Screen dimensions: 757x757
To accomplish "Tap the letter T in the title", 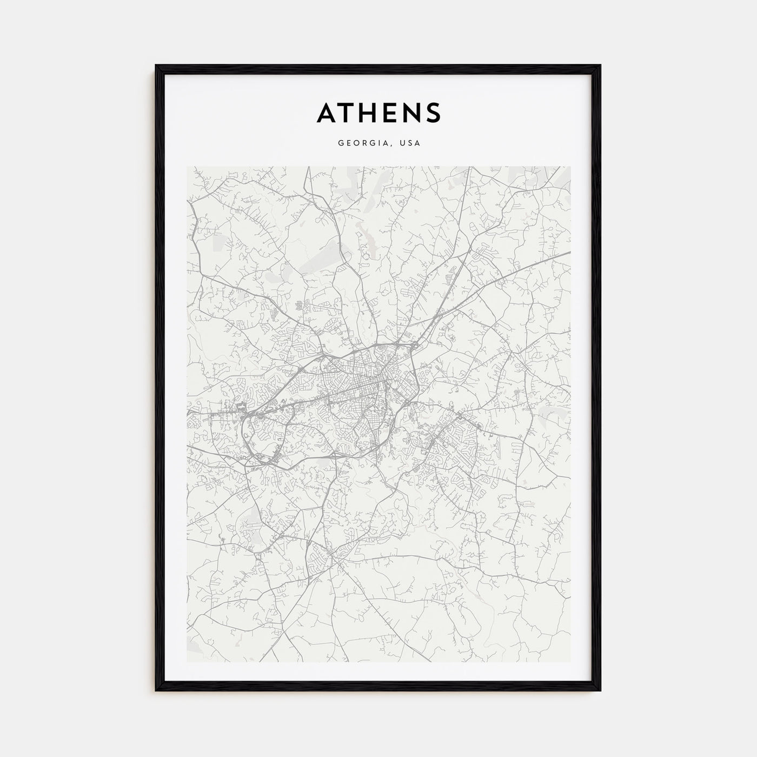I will [x=349, y=112].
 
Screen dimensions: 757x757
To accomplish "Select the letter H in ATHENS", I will [x=371, y=112].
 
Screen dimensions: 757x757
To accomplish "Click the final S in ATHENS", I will [x=433, y=112].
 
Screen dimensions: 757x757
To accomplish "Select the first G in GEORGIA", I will [x=341, y=143].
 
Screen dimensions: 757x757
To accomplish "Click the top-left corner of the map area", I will [x=187, y=167].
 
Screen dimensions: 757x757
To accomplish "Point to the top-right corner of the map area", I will [x=570, y=167].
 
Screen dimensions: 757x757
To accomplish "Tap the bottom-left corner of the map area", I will [x=187, y=662].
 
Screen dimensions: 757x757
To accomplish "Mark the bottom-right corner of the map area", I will [x=570, y=662].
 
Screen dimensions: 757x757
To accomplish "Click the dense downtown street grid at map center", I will [x=368, y=378].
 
